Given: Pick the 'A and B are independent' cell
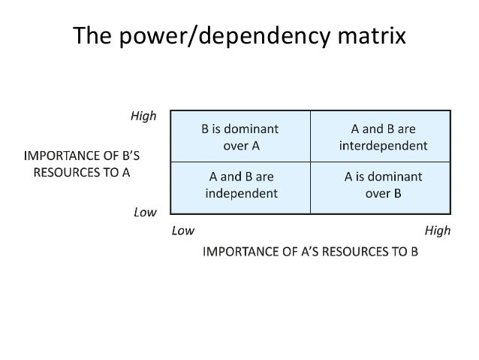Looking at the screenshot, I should click(241, 185).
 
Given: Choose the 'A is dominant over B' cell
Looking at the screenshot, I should click(382, 185).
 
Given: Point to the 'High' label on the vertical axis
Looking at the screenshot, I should click(143, 116).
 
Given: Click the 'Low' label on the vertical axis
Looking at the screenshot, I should click(144, 212).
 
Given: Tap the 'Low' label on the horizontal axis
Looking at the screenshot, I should click(183, 231).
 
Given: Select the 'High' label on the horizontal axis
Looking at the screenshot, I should click(437, 231).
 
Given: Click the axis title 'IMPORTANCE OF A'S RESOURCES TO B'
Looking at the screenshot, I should click(311, 250).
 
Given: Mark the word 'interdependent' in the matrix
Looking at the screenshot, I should click(383, 145).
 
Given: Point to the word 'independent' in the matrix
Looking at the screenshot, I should click(241, 192).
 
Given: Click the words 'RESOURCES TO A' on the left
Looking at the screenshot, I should click(82, 171).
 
